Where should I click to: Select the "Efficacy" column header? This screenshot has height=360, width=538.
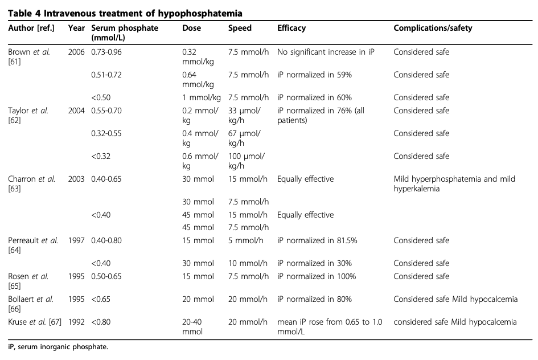[x=291, y=28]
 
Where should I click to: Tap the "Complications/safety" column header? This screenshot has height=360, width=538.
[x=433, y=28]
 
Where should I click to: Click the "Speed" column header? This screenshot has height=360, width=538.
[x=240, y=28]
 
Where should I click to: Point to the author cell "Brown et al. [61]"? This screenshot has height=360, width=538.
[x=29, y=56]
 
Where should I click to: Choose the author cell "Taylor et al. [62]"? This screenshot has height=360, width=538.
[x=28, y=115]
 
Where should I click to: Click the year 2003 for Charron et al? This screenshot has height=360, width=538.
[x=76, y=179]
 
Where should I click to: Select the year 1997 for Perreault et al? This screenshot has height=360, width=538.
[x=76, y=240]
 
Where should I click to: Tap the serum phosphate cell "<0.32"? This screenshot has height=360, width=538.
[x=100, y=156]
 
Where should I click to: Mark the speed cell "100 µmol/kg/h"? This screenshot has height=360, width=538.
[x=244, y=161]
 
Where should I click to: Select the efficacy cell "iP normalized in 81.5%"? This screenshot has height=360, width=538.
[x=317, y=240]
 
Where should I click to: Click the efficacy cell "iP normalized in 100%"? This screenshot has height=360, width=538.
[x=317, y=276]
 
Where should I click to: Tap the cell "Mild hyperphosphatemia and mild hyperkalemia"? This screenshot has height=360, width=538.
[x=454, y=183]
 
